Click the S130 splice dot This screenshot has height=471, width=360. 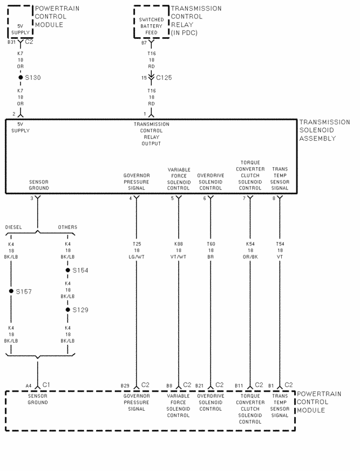click(20, 77)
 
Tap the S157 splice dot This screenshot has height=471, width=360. click(11, 291)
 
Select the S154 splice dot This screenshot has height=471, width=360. click(67, 270)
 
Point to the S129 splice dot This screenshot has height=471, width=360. click(67, 309)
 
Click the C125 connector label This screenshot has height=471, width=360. click(164, 77)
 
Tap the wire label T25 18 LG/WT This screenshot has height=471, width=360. click(136, 250)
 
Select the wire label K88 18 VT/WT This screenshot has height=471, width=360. click(178, 250)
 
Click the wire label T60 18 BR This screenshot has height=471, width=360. click(211, 250)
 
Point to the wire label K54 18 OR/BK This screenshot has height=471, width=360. click(250, 250)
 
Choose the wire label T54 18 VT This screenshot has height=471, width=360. click(280, 250)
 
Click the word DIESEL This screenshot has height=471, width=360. click(13, 227)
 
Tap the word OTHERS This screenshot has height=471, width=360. click(67, 227)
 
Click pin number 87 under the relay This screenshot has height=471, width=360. click(143, 42)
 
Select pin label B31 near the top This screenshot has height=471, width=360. click(11, 42)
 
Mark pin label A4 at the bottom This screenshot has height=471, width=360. click(28, 385)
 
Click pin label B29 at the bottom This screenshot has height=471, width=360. click(125, 385)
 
